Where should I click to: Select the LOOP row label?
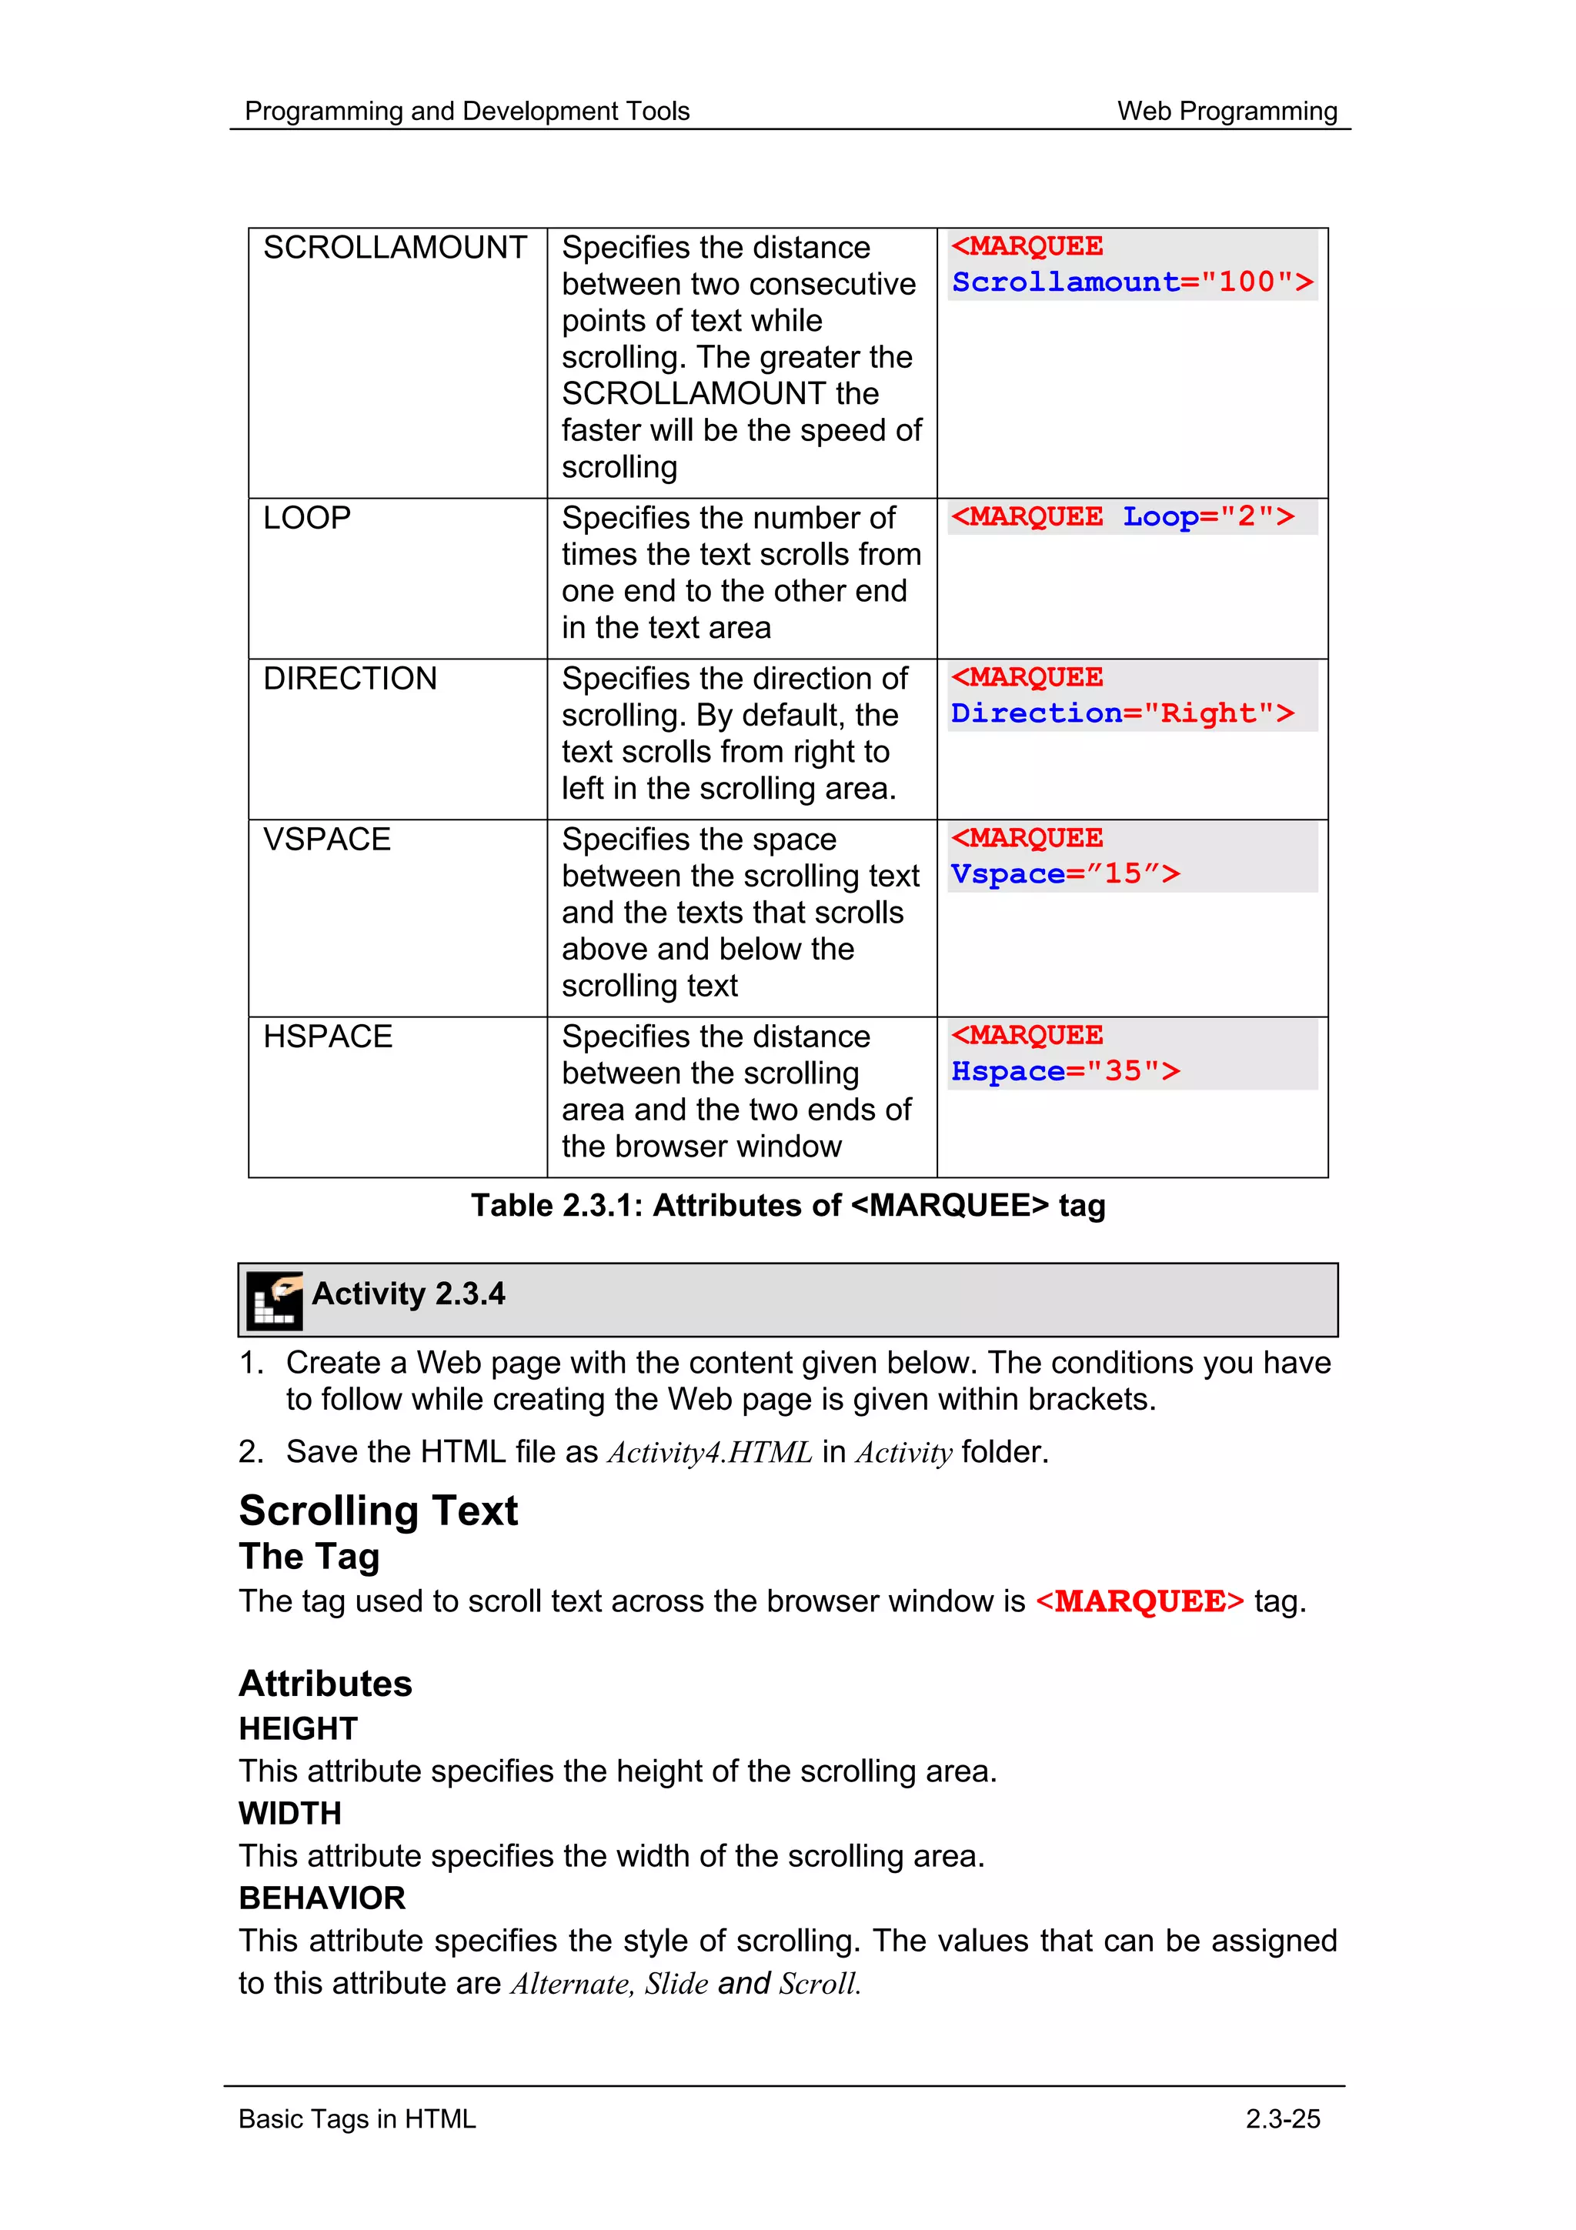[x=307, y=518]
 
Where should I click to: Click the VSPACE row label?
[x=326, y=840]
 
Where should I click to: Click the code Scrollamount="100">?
[x=1131, y=282]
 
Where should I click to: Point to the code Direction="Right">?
[x=1121, y=714]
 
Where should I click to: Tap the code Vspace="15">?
[x=1065, y=874]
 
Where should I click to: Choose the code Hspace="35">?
[x=1065, y=1071]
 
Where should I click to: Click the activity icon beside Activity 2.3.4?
[x=275, y=1300]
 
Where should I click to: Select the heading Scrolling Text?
[x=378, y=1511]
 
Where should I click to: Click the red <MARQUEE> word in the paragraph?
[x=1139, y=1601]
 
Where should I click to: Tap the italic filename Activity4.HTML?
[x=710, y=1452]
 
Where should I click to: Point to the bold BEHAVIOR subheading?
[x=322, y=1898]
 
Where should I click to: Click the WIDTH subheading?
[x=289, y=1814]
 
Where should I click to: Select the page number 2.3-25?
[x=1282, y=2118]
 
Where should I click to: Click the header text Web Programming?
[x=1227, y=112]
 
